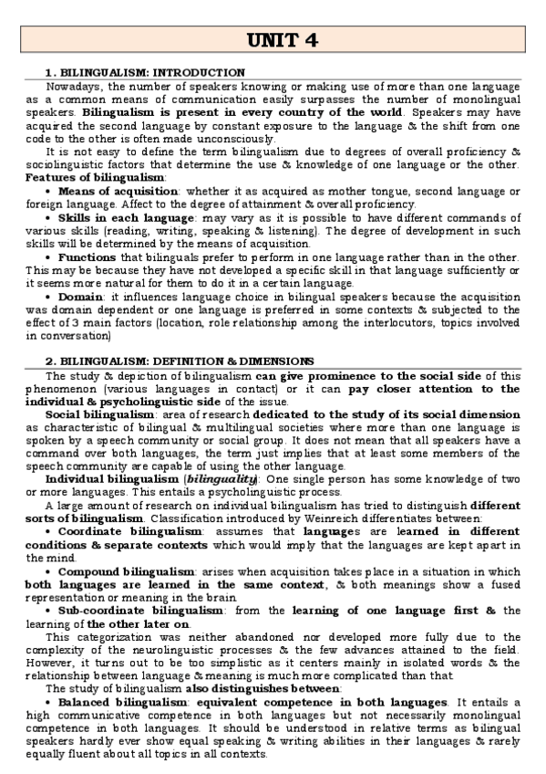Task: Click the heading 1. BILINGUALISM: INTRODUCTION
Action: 145,72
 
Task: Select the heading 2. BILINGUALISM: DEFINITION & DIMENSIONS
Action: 180,361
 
